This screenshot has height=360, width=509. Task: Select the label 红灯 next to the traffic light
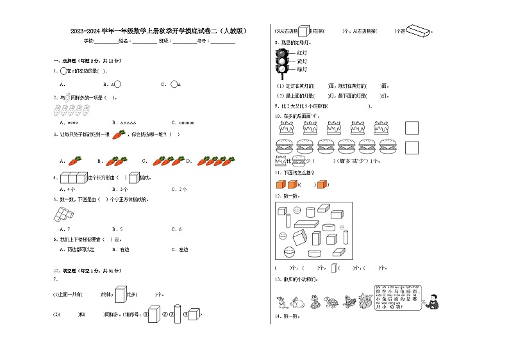(302, 53)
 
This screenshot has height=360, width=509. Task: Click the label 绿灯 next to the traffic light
(302, 69)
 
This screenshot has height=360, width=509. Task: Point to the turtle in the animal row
(331, 301)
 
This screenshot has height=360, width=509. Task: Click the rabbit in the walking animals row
(296, 301)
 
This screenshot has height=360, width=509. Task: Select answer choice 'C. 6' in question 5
(176, 229)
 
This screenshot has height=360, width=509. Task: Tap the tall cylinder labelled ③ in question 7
(177, 313)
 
